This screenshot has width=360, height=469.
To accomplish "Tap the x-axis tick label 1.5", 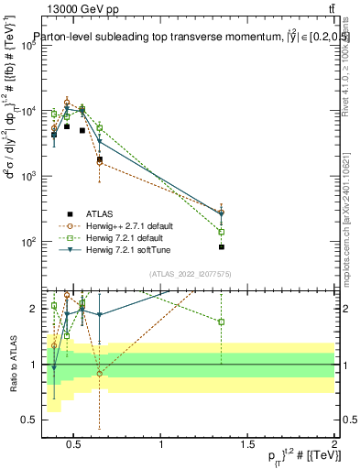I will pos(247,445).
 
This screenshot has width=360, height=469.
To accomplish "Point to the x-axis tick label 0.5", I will pos(74,445).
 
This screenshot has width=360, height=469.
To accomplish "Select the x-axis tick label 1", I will pos(161,445).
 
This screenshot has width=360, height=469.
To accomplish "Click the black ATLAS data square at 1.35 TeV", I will pos(222,247).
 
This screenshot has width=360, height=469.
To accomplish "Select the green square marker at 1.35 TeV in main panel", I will pos(222,232).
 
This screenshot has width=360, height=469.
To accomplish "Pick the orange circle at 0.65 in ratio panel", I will pos(99,374).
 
